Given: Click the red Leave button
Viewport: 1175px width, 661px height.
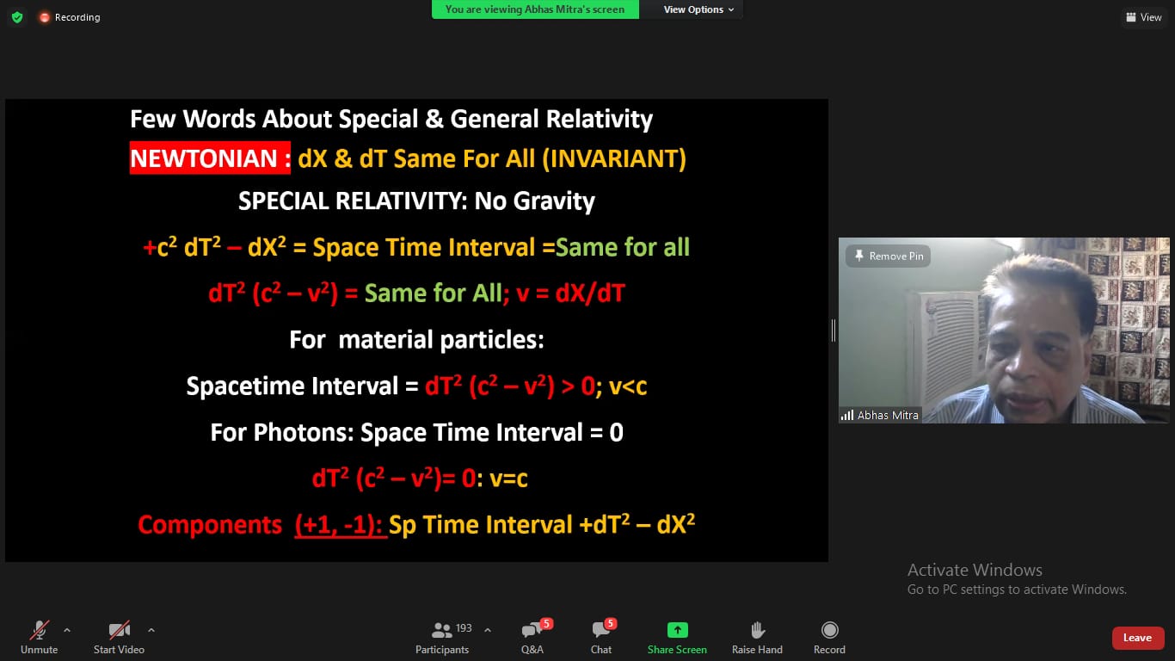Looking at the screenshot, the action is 1137,638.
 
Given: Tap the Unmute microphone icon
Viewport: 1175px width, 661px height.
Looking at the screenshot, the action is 40,629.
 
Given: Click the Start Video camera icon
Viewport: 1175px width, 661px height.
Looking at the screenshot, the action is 119,629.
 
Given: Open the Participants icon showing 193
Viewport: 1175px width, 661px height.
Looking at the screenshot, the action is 441,629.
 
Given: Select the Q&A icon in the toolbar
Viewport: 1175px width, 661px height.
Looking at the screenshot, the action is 532,629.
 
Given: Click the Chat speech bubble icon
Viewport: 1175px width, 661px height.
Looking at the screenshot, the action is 600,629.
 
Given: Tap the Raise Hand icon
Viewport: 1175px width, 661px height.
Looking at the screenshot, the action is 758,629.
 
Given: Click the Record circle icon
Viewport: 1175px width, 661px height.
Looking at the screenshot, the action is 830,629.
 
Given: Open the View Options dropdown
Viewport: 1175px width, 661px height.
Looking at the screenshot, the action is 698,9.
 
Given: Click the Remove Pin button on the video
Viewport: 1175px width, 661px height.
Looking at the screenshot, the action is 888,256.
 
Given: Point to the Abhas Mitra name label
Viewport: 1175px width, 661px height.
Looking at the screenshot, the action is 888,416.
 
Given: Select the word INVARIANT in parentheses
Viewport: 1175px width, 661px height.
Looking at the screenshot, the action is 614,158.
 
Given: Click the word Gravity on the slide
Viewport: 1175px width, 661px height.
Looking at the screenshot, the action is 554,201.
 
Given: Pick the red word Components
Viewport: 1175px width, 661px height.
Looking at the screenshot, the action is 210,525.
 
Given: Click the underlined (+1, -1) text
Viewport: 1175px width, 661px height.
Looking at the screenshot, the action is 340,525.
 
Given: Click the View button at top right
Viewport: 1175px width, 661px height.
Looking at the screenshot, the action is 1145,17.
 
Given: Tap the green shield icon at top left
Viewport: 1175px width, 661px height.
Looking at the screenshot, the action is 17,17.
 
